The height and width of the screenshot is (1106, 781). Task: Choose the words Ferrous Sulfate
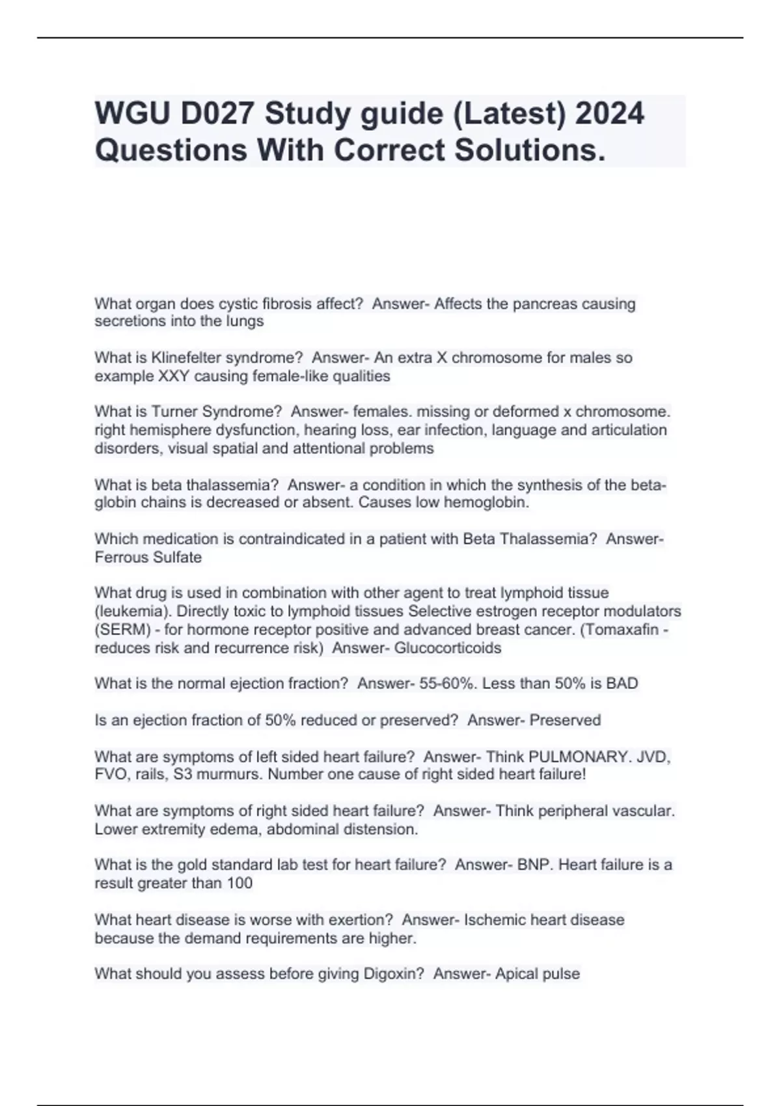point(148,558)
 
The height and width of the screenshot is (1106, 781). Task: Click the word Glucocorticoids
point(448,648)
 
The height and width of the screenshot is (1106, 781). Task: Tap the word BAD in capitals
point(622,684)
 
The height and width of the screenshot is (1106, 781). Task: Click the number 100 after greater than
point(239,883)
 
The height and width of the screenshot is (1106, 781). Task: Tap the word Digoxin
point(383,974)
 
